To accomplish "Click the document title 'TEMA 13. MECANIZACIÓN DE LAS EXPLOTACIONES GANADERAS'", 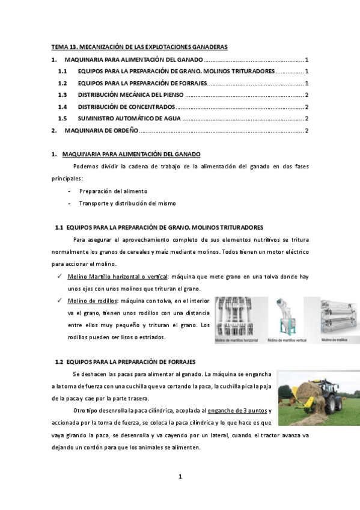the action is (x=139, y=47).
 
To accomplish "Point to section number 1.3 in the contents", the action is (x=63, y=95).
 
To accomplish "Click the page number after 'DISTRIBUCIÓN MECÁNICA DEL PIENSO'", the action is (x=307, y=95).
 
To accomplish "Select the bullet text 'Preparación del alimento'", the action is (x=113, y=191).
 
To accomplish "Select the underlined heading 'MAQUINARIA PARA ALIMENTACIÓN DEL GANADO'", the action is (x=132, y=154).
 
